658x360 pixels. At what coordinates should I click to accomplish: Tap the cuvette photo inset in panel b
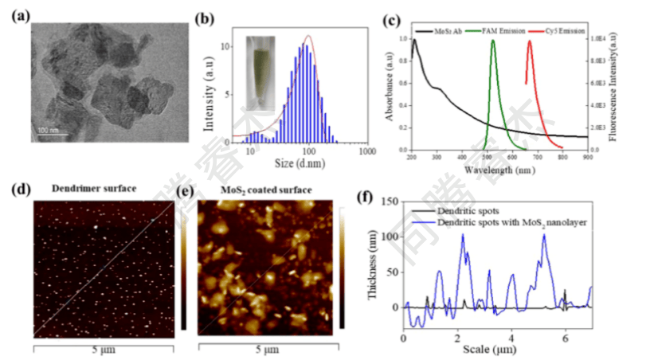pos(261,72)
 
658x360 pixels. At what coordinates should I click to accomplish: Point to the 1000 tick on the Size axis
pos(366,151)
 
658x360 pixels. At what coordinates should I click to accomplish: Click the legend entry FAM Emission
pos(503,30)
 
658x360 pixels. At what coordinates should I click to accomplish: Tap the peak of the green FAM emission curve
pos(493,41)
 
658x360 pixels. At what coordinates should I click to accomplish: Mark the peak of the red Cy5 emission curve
pos(530,41)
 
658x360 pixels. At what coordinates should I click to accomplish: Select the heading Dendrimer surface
pos(94,190)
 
